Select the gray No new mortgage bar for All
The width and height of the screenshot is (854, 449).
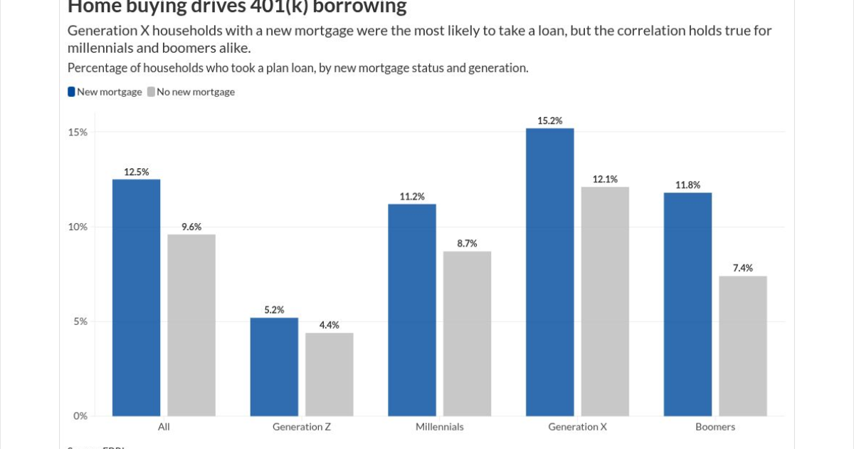(191, 325)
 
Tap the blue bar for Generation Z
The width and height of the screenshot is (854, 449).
(274, 367)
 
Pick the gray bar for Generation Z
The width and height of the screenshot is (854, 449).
(330, 374)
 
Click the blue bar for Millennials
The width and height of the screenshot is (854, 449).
(412, 310)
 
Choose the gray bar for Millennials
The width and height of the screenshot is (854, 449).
(468, 334)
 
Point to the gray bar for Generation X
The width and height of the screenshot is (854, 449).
(605, 301)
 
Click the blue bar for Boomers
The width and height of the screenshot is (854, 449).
(687, 304)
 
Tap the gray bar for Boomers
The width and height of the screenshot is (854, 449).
(743, 346)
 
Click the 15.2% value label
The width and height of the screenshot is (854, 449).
(550, 120)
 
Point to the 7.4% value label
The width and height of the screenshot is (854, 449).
(743, 268)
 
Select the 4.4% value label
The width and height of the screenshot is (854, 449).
(330, 325)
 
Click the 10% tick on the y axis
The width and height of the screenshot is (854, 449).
(78, 227)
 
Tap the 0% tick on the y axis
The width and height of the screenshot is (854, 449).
(80, 416)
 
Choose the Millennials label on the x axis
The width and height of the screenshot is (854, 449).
(440, 427)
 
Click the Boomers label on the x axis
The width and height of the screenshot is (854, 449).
(715, 427)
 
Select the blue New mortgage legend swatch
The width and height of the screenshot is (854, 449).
(71, 91)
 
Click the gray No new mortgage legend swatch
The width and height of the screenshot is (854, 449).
(151, 91)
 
